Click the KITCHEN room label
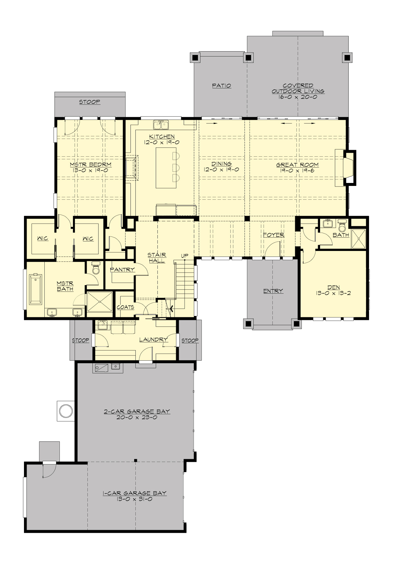pyautogui.click(x=162, y=136)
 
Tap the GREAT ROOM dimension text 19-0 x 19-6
pyautogui.click(x=297, y=170)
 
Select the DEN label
pyautogui.click(x=333, y=287)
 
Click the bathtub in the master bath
pyautogui.click(x=35, y=289)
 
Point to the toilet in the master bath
pyautogui.click(x=96, y=268)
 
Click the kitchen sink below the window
pyautogui.click(x=161, y=125)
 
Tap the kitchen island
pyautogui.click(x=166, y=168)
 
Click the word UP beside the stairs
pyautogui.click(x=185, y=256)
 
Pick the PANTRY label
pyautogui.click(x=122, y=269)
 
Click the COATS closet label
pyautogui.click(x=125, y=307)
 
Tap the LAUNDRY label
pyautogui.click(x=153, y=339)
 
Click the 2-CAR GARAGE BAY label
pyautogui.click(x=137, y=411)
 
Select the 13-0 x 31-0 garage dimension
pyautogui.click(x=135, y=499)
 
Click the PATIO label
pyautogui.click(x=221, y=85)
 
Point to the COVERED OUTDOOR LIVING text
pyautogui.click(x=298, y=88)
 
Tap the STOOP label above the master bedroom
pyautogui.click(x=90, y=102)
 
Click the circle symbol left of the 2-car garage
pyautogui.click(x=65, y=411)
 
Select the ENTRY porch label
pyautogui.click(x=273, y=291)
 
